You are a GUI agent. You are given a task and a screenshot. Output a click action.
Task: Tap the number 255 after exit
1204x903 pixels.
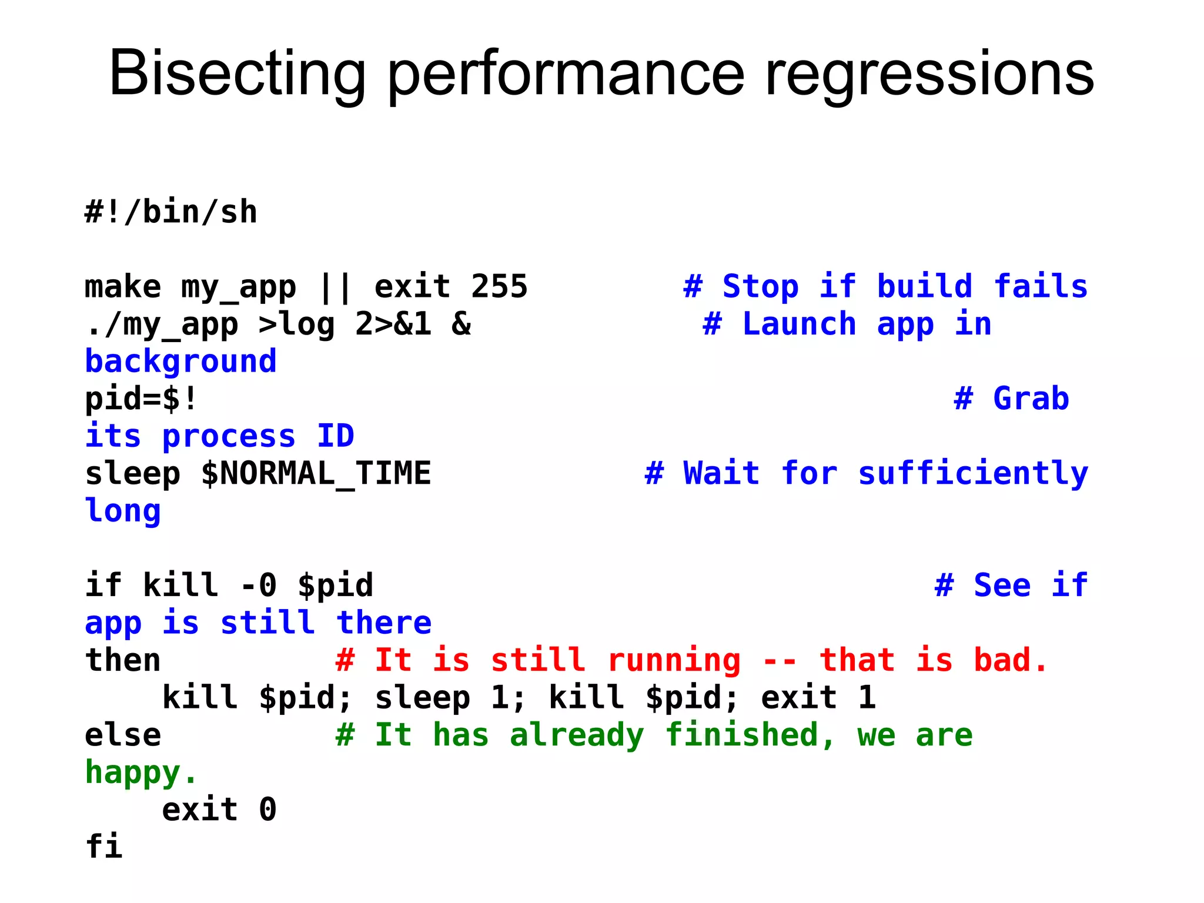(499, 286)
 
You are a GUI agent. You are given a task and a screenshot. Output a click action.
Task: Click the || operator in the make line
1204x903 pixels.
(335, 286)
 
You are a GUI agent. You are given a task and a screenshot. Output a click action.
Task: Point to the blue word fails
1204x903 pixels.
(1041, 286)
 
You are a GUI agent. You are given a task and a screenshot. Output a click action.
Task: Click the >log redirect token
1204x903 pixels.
(296, 324)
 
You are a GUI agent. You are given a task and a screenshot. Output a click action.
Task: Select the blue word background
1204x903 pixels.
(180, 361)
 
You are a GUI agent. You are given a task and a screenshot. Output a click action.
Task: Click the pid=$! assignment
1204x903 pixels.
(141, 399)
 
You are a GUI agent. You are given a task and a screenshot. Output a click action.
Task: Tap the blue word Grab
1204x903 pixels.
(1031, 399)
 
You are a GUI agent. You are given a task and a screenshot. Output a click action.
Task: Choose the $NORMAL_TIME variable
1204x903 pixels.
(316, 473)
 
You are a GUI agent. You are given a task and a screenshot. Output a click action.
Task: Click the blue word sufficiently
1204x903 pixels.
(973, 473)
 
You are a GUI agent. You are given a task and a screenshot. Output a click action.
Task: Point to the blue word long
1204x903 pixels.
(123, 510)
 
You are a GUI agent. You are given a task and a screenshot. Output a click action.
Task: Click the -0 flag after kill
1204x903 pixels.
(259, 585)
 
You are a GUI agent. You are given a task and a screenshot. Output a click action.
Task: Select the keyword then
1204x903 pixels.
(123, 660)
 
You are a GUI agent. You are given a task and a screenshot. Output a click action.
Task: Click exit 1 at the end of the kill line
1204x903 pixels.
(818, 697)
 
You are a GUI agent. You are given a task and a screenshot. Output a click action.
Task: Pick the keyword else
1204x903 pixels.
(123, 735)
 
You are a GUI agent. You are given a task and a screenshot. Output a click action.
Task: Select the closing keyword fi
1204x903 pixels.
(103, 847)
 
